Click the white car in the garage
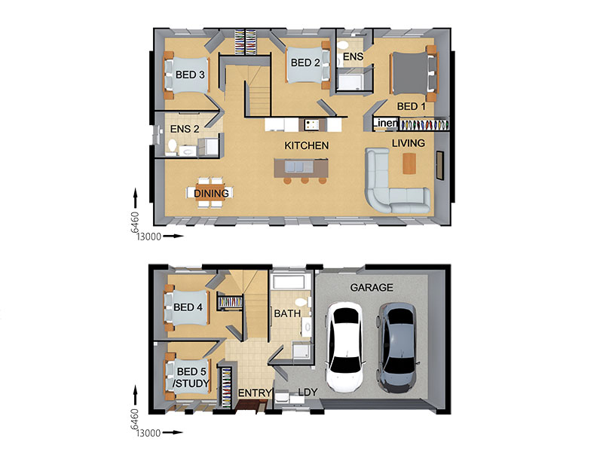(x=344, y=347)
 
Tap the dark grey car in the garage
(x=397, y=348)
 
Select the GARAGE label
(x=372, y=288)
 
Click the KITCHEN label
(x=307, y=145)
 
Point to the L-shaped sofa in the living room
(x=392, y=185)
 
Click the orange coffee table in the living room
(x=409, y=163)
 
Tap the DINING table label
(x=211, y=194)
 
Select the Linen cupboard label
(x=385, y=123)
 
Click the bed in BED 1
(x=414, y=73)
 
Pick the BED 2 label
(x=305, y=63)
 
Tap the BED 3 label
(x=190, y=75)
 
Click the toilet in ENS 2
(x=172, y=146)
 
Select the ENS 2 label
(x=185, y=129)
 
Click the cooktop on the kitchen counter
(x=312, y=124)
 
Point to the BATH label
(x=287, y=313)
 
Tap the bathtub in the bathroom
(x=289, y=282)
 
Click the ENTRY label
(x=255, y=392)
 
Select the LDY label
(x=308, y=392)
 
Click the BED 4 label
(x=188, y=307)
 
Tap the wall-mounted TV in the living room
(x=439, y=165)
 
